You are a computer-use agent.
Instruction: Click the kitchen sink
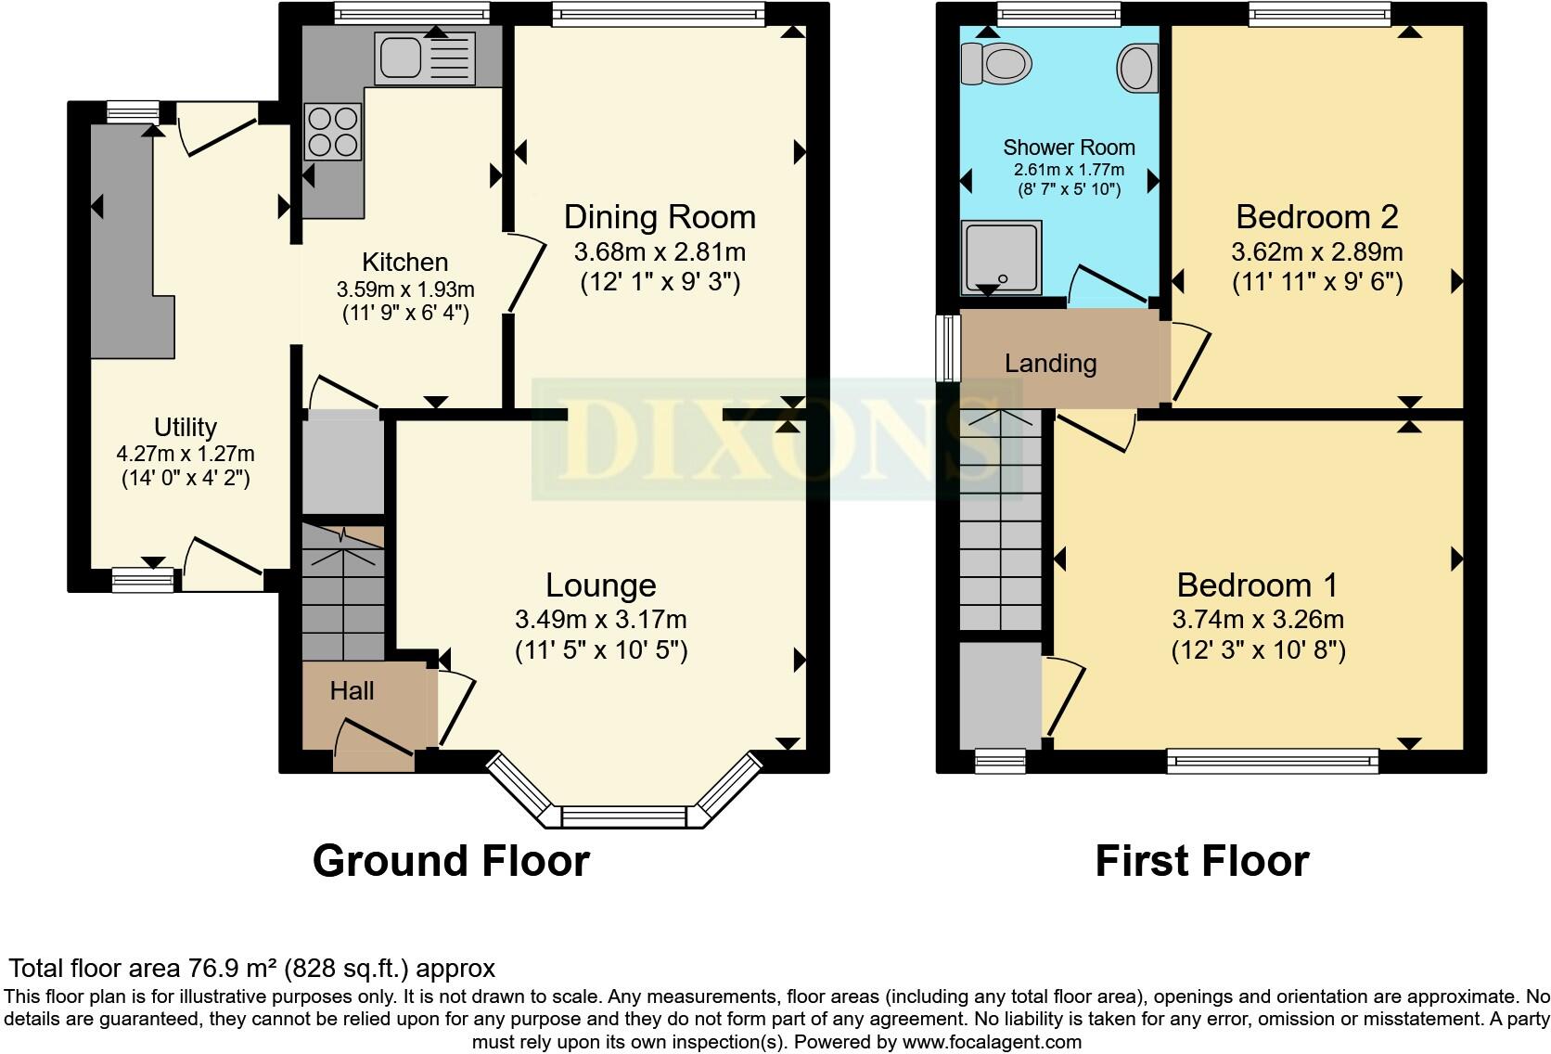coord(425,58)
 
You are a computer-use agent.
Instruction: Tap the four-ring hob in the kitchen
coord(333,132)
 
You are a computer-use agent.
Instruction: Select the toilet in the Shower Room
coord(996,64)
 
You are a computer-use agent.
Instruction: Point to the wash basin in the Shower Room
coord(1137,68)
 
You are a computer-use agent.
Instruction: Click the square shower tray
coord(1001,258)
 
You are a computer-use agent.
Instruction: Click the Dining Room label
coord(660,217)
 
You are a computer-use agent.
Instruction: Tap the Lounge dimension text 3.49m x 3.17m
coord(601,619)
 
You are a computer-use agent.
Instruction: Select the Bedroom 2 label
coord(1317,217)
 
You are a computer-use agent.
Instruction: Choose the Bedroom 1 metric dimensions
coord(1258,619)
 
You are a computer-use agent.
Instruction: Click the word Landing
coord(1050,364)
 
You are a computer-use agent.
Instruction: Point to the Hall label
coord(352,691)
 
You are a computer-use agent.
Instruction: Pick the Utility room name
coord(185,428)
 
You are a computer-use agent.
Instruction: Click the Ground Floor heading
coord(451,861)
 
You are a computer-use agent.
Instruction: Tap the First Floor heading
coord(1202,861)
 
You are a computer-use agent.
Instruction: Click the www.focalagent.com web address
coord(992,1042)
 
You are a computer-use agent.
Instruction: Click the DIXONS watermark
coord(775,439)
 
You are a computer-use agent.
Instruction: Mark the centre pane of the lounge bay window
coord(623,816)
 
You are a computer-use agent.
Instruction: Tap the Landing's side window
coord(948,348)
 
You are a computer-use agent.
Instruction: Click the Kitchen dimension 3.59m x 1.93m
coord(405,289)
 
